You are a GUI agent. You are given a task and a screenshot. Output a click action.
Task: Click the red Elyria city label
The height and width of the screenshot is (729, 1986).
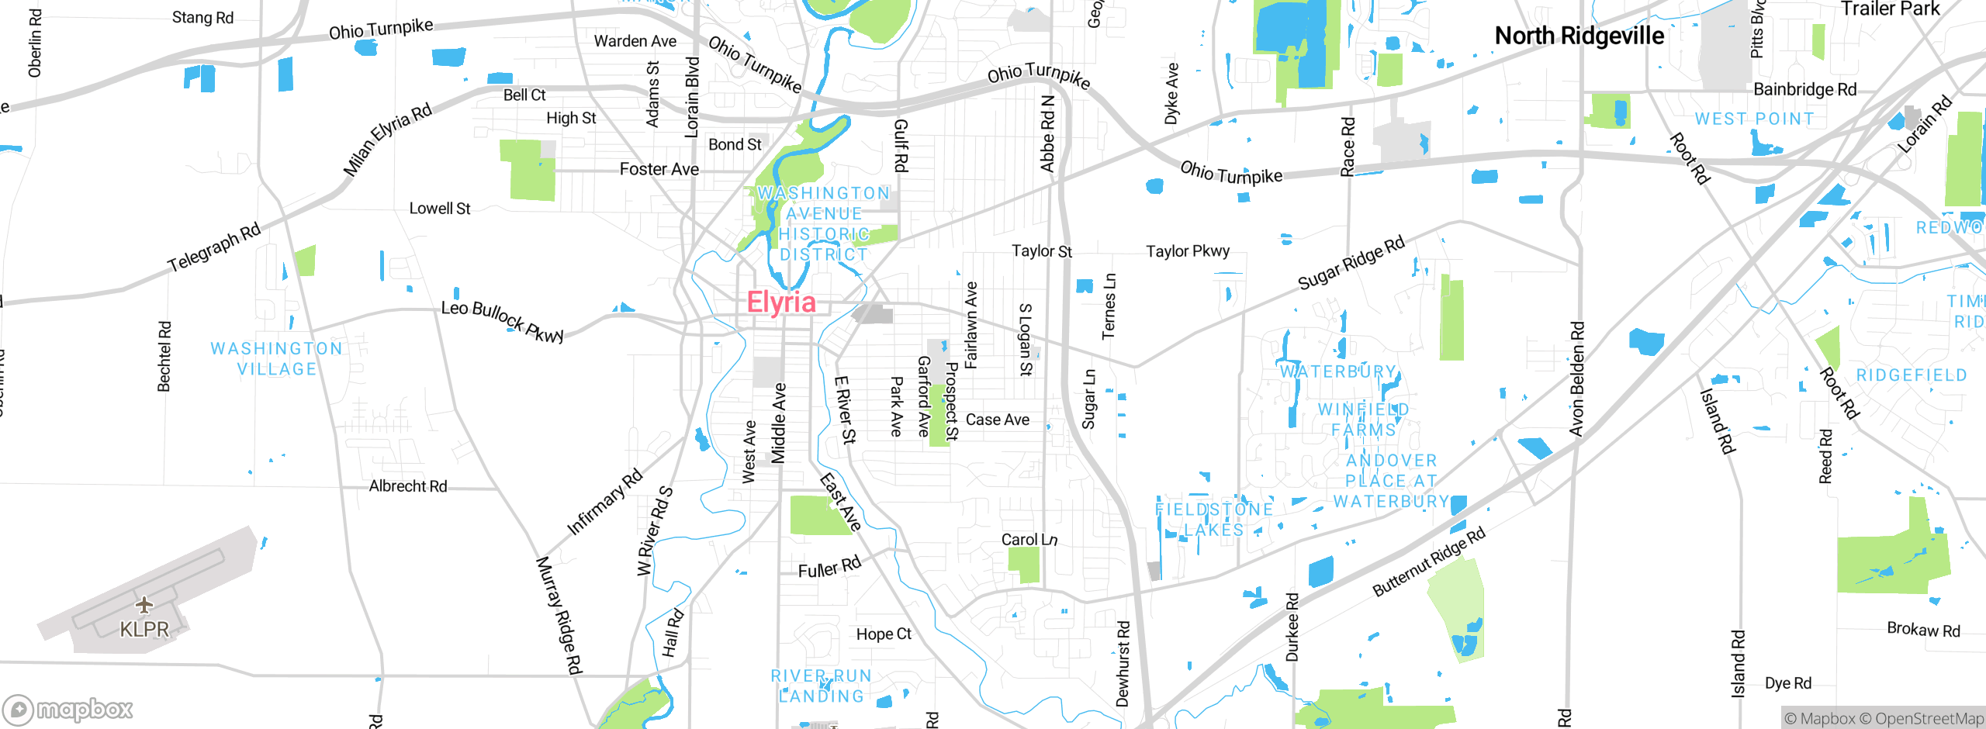(781, 302)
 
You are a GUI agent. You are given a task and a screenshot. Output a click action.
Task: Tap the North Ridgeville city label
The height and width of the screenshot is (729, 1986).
(1579, 36)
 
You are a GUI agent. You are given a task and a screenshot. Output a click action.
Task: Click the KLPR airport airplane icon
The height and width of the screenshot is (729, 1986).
(144, 604)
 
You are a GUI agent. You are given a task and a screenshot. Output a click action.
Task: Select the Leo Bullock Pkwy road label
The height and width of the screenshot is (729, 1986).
(502, 320)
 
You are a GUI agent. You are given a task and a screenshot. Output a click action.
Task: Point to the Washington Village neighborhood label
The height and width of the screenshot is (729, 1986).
(276, 359)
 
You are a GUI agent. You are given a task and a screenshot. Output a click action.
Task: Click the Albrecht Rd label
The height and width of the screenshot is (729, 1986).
(408, 486)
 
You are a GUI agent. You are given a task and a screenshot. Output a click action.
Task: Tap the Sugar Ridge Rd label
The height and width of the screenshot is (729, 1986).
(1351, 262)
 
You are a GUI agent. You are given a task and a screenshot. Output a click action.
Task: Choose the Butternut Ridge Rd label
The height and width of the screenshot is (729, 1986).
(1428, 561)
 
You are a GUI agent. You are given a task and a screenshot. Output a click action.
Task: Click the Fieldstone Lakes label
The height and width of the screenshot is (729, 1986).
(1214, 520)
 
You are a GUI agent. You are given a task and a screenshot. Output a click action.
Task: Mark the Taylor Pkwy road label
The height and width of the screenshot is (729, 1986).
(1187, 251)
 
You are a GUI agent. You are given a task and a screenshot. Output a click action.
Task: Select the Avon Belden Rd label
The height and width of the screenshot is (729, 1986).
(1576, 378)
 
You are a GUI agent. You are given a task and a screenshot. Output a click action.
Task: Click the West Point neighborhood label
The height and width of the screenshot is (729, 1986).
(1754, 119)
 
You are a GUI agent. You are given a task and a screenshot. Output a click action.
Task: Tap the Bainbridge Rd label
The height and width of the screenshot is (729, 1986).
(1804, 89)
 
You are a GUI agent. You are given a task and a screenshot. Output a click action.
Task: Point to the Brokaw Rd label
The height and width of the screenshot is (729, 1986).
(1923, 629)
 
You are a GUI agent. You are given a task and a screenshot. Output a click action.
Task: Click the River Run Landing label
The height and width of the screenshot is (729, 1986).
(821, 686)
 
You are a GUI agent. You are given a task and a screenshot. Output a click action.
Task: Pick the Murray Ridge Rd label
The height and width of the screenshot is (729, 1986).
(559, 614)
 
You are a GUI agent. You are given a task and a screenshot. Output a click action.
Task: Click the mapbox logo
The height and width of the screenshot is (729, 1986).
(68, 709)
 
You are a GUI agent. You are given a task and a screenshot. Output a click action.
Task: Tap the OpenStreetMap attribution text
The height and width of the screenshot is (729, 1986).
(1921, 719)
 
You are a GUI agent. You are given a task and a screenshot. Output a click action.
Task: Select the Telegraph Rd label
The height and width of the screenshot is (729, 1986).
(214, 247)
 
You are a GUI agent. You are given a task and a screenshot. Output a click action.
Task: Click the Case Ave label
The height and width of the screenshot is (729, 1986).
(998, 420)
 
